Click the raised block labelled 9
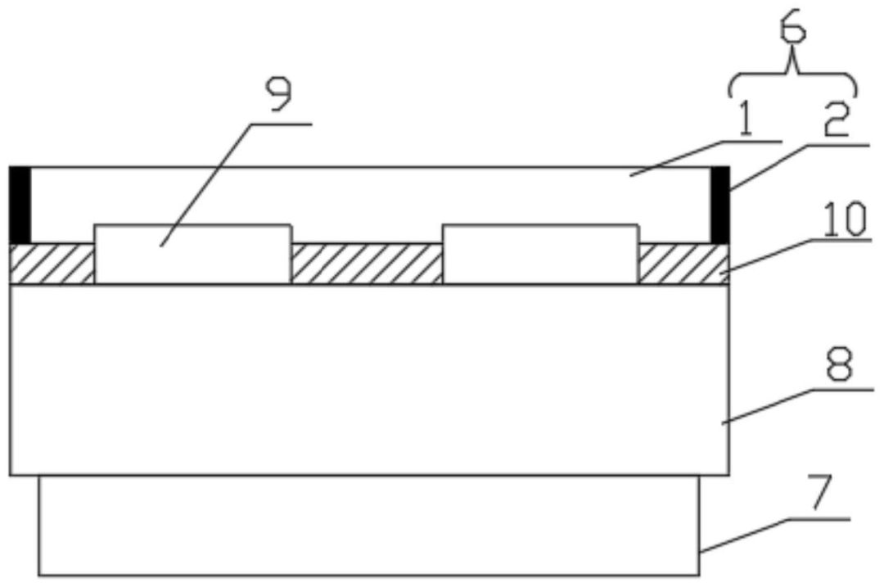[x=193, y=254]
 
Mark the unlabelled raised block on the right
[x=540, y=254]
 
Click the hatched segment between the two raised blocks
[x=367, y=264]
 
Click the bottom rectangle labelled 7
[x=368, y=526]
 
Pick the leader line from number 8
[x=786, y=405]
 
